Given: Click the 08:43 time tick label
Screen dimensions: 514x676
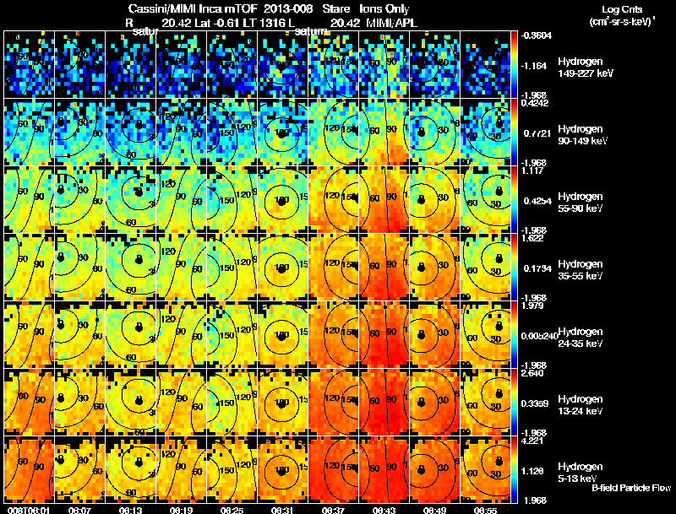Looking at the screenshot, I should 385,510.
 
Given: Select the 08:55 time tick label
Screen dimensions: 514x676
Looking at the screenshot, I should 486,510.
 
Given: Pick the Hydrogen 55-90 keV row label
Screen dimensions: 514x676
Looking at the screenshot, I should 581,203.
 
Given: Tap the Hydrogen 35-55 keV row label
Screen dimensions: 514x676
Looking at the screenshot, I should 581,270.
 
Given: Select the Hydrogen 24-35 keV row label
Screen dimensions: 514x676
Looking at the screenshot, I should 581,338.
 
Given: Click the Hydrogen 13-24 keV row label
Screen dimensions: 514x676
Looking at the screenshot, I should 581,405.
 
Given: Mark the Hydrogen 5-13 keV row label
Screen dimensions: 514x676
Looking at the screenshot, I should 580,473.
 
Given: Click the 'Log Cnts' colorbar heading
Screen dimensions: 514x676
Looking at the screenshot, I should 613,8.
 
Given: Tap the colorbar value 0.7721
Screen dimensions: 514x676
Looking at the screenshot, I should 535,133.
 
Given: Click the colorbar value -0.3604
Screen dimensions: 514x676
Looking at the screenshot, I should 537,35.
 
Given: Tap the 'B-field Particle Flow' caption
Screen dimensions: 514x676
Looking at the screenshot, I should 631,488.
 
